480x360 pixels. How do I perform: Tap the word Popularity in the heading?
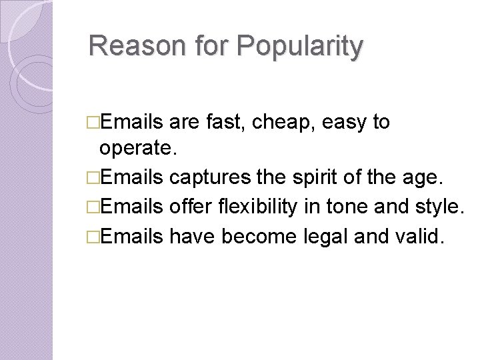click(x=299, y=46)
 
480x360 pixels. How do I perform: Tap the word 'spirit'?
click(x=313, y=179)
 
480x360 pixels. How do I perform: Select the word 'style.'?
click(x=439, y=207)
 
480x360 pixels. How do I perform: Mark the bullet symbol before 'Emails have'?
click(x=93, y=237)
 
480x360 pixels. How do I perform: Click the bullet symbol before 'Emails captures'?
click(x=93, y=179)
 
